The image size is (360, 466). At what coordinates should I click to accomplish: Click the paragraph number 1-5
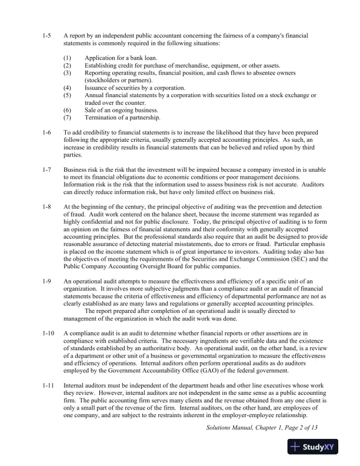pos(48,36)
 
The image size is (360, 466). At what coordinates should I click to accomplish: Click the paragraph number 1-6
pos(48,133)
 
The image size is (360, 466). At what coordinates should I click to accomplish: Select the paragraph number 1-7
pos(48,171)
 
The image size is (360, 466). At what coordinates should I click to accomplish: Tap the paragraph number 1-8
pos(48,209)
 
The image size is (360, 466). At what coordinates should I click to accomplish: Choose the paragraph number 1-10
pos(48,333)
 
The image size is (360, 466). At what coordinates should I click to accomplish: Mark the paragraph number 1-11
pos(48,385)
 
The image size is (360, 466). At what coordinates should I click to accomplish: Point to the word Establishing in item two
pos(101,66)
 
